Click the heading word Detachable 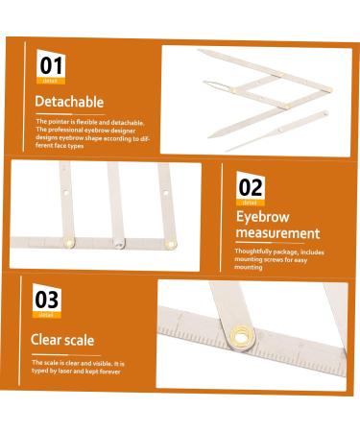(x=69, y=101)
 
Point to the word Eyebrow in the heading (x=262, y=216)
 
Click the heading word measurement (x=278, y=232)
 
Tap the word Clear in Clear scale (x=52, y=338)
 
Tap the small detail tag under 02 (x=250, y=203)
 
